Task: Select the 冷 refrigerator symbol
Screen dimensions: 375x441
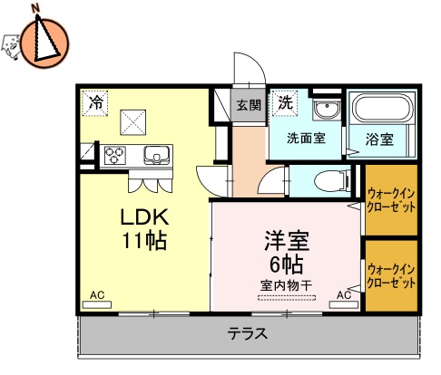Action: tap(94, 103)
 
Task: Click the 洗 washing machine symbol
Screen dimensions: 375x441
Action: tap(286, 102)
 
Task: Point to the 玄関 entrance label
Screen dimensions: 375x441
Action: tap(250, 104)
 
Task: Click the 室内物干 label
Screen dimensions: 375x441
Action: tap(286, 284)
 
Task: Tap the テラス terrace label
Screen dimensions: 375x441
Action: tap(247, 332)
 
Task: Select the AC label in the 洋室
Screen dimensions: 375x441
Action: tap(345, 295)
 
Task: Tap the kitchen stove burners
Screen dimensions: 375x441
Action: tap(115, 154)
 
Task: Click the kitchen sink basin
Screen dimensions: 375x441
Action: tap(155, 154)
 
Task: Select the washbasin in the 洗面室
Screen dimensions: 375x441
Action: tap(324, 111)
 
